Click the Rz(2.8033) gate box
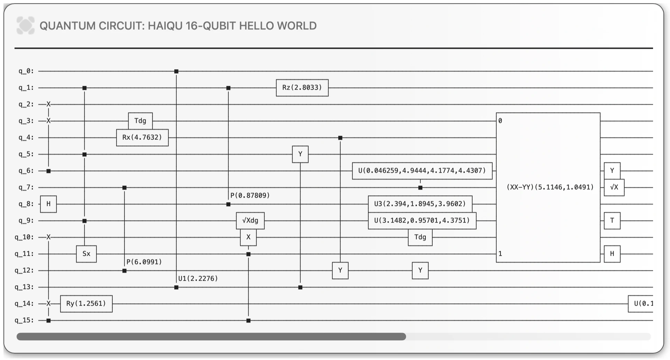302,88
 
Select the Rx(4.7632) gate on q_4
142,137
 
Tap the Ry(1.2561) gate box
86,304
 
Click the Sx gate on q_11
86,254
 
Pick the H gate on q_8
48,204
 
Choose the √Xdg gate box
250,220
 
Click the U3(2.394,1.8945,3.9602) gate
420,204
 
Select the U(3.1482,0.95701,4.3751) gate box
422,220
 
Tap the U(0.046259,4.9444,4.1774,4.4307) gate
422,171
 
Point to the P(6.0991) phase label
144,262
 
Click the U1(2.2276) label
198,279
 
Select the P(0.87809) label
250,196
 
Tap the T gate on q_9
612,220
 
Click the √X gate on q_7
614,187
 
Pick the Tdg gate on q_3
140,121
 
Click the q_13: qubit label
24,287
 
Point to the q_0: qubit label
26,71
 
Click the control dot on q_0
176,71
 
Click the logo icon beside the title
26,25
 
